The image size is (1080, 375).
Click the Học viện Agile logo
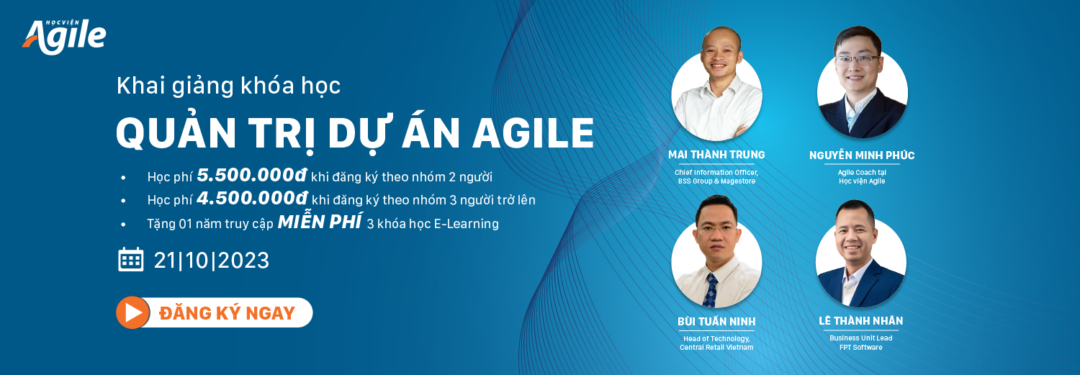(64, 37)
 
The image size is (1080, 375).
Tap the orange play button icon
(132, 312)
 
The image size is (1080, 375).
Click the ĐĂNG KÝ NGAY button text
(227, 313)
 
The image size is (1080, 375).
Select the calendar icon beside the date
(130, 259)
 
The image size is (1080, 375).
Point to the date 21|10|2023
(211, 261)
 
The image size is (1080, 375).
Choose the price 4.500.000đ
(252, 198)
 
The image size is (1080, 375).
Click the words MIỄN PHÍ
(320, 222)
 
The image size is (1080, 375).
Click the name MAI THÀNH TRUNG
(716, 155)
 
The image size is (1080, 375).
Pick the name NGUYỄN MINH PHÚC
(862, 155)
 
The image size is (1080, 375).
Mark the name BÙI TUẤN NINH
(716, 322)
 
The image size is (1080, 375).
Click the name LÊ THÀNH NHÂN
(860, 320)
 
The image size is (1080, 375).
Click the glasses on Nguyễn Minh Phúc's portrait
(858, 60)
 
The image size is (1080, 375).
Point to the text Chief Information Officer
(716, 173)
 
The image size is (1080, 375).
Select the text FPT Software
(860, 347)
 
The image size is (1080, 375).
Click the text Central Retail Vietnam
(716, 347)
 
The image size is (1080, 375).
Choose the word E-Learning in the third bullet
(467, 224)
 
